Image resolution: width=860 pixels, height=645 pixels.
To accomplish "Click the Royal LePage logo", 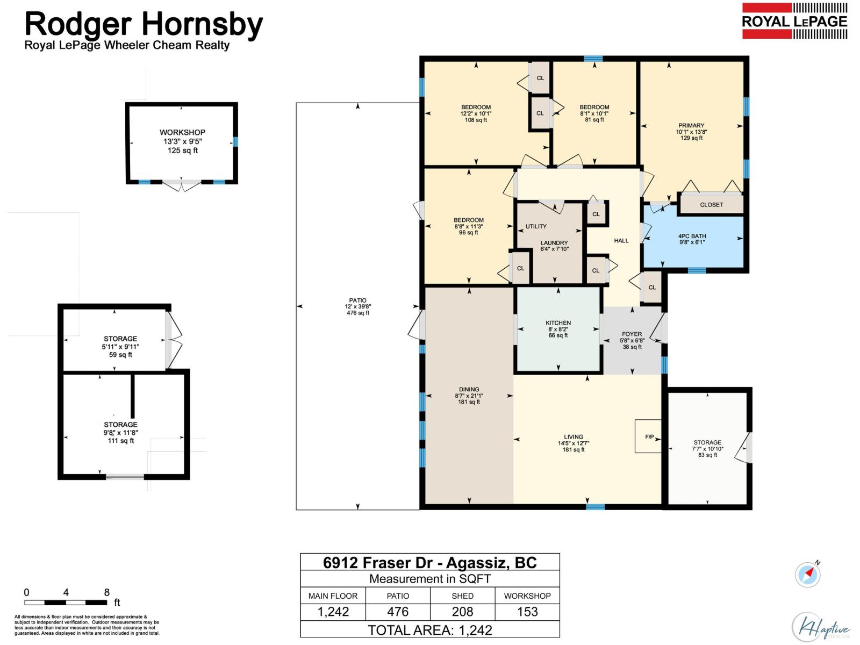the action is (x=794, y=21).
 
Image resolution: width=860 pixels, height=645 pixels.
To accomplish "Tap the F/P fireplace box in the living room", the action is (x=648, y=436).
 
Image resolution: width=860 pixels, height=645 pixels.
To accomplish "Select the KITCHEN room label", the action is (x=558, y=322).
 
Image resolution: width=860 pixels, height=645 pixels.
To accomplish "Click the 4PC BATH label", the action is (x=692, y=236).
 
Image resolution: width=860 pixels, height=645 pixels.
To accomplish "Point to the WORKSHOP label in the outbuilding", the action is (x=182, y=132).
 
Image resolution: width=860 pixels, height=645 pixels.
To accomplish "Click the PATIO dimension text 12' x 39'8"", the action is (x=358, y=306).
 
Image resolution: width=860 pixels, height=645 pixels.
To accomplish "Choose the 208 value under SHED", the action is (x=462, y=611).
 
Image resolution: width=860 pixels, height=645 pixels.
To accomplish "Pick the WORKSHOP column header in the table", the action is (x=527, y=596).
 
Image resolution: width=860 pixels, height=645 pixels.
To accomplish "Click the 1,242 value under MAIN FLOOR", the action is (x=333, y=611).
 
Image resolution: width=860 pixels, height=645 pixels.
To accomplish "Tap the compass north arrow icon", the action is (x=808, y=574).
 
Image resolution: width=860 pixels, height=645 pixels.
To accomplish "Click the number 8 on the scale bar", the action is (x=106, y=592).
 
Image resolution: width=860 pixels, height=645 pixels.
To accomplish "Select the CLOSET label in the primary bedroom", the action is (x=711, y=205).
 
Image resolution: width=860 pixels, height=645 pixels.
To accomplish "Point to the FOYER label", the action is (x=632, y=334).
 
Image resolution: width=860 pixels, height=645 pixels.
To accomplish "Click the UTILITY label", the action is (x=535, y=226).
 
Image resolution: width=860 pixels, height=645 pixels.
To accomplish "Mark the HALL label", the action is (x=621, y=240).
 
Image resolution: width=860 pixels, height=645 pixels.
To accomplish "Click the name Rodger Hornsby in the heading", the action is (x=144, y=24).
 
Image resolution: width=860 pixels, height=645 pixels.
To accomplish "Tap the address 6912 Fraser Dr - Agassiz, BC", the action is (x=430, y=562).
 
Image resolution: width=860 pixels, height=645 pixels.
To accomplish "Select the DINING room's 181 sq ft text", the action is (x=469, y=402).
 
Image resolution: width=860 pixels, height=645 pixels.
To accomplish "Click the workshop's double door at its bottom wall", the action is (x=182, y=184).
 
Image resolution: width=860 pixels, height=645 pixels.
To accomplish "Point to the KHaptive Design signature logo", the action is (x=820, y=627).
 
